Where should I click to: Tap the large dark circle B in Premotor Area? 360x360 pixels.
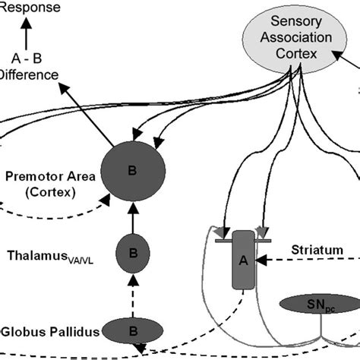coord(131,172)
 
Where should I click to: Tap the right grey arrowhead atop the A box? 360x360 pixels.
coord(262,232)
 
